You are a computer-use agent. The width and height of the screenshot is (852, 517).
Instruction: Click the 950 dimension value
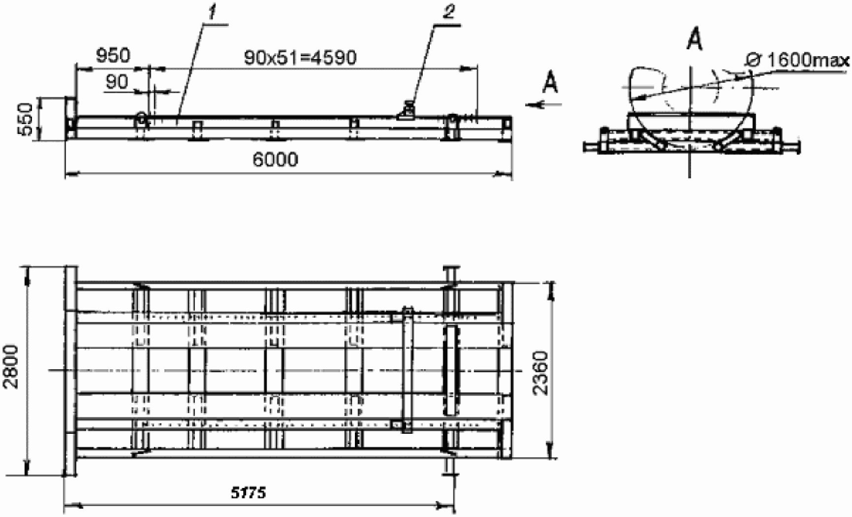tap(113, 56)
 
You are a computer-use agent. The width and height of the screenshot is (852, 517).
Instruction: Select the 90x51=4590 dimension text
tap(300, 58)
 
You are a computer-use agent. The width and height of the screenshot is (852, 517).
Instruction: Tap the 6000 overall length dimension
tap(275, 160)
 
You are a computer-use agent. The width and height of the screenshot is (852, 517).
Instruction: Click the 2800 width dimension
tap(12, 367)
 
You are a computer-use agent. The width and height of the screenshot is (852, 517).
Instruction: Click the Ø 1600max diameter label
tap(797, 61)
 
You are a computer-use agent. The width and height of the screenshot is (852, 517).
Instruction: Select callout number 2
tap(448, 13)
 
